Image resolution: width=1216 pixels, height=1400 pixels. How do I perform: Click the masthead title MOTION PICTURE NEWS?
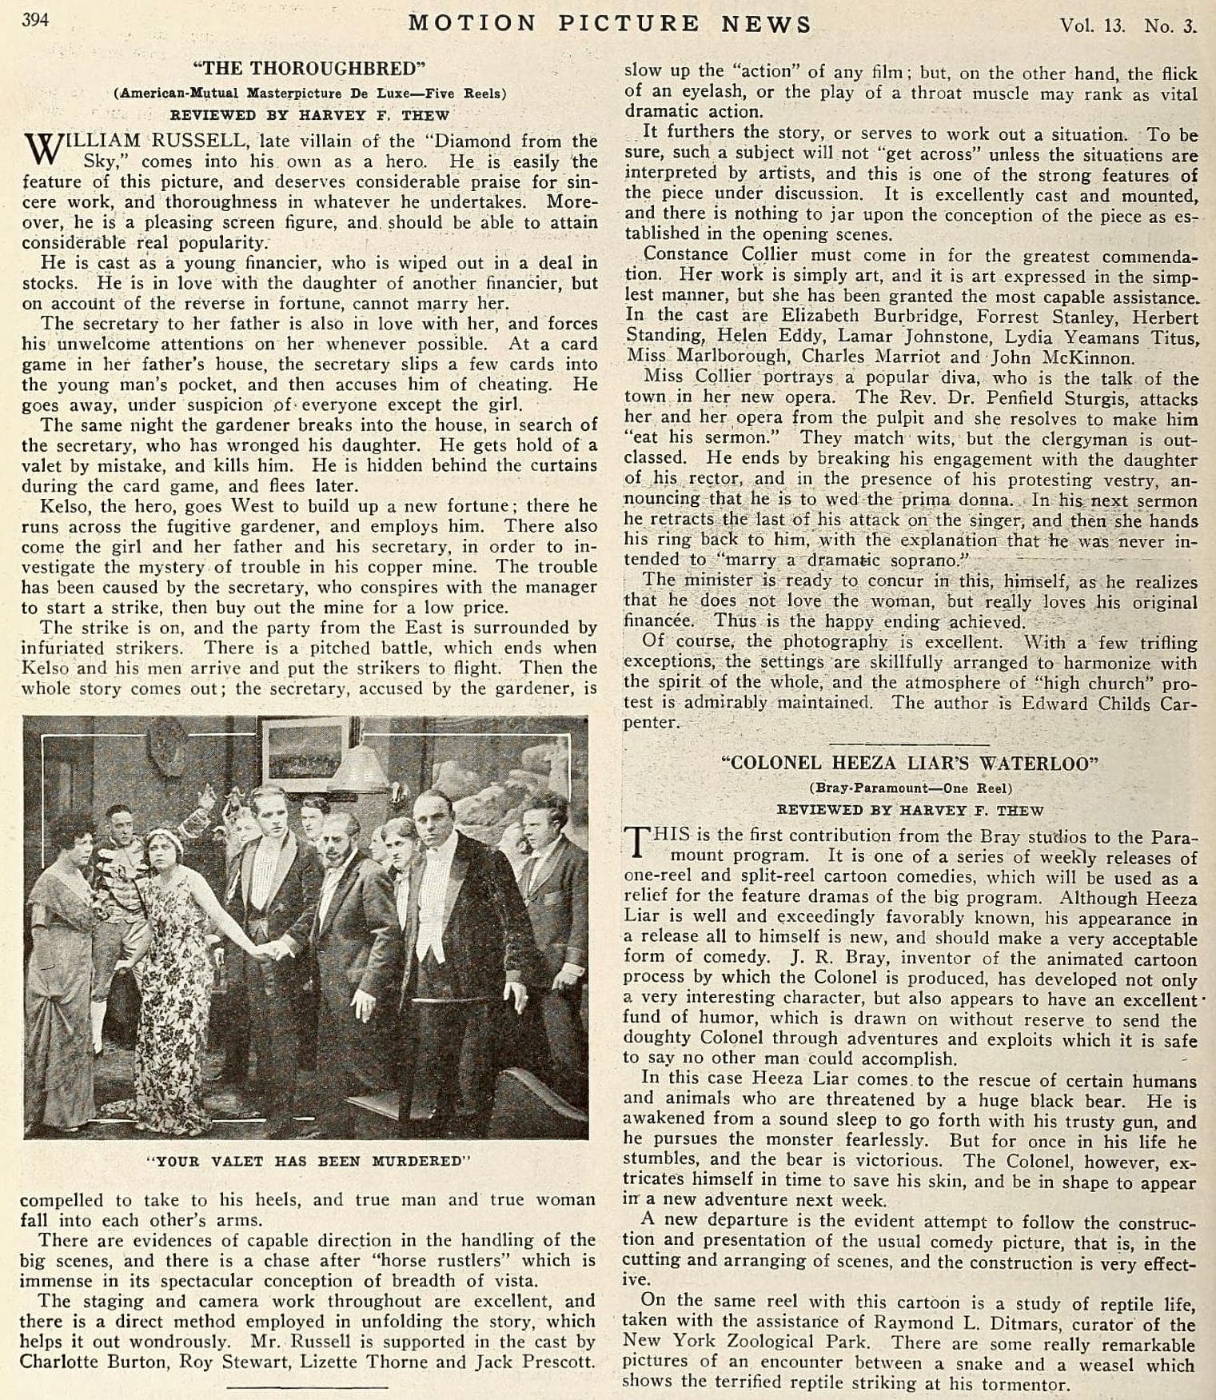pyautogui.click(x=609, y=24)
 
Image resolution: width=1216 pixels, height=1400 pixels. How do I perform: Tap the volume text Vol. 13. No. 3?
pyautogui.click(x=1127, y=26)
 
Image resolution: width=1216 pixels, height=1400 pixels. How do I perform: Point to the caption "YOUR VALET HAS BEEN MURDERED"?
pyautogui.click(x=309, y=1161)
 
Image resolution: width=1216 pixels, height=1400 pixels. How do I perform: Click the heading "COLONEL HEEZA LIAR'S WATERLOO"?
pyautogui.click(x=910, y=763)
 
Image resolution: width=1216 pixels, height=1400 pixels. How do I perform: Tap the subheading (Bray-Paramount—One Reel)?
pyautogui.click(x=911, y=788)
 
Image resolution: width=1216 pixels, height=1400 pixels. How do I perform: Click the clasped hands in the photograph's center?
pyautogui.click(x=275, y=950)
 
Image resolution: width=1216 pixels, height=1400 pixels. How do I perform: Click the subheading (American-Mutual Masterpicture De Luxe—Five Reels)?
pyautogui.click(x=309, y=93)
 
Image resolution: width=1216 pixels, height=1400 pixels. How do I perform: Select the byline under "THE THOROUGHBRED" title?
pyautogui.click(x=309, y=115)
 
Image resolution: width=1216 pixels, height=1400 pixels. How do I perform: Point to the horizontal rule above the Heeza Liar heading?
pyautogui.click(x=910, y=744)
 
